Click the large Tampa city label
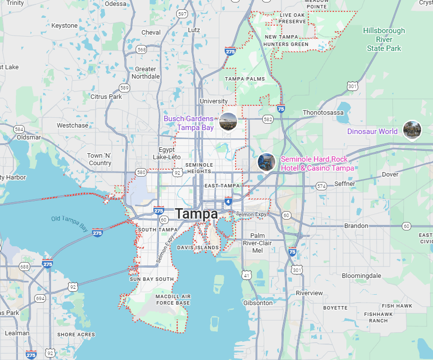[x=196, y=214]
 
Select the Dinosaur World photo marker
[x=412, y=130]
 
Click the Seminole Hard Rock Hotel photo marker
[x=266, y=161]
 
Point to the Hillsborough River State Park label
[x=384, y=40]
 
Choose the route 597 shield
[x=182, y=14]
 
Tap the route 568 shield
[x=142, y=49]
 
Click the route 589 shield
[x=124, y=88]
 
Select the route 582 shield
[x=268, y=119]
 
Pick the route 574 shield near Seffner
[x=322, y=186]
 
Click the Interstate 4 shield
[x=228, y=201]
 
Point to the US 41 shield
[x=246, y=274]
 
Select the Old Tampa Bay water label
[x=69, y=224]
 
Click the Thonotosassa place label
[x=323, y=113]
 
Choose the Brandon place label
[x=356, y=226]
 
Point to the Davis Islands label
[x=198, y=247]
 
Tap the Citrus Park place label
[x=106, y=97]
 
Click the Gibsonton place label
[x=258, y=303]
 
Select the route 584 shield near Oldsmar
[x=19, y=129]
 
